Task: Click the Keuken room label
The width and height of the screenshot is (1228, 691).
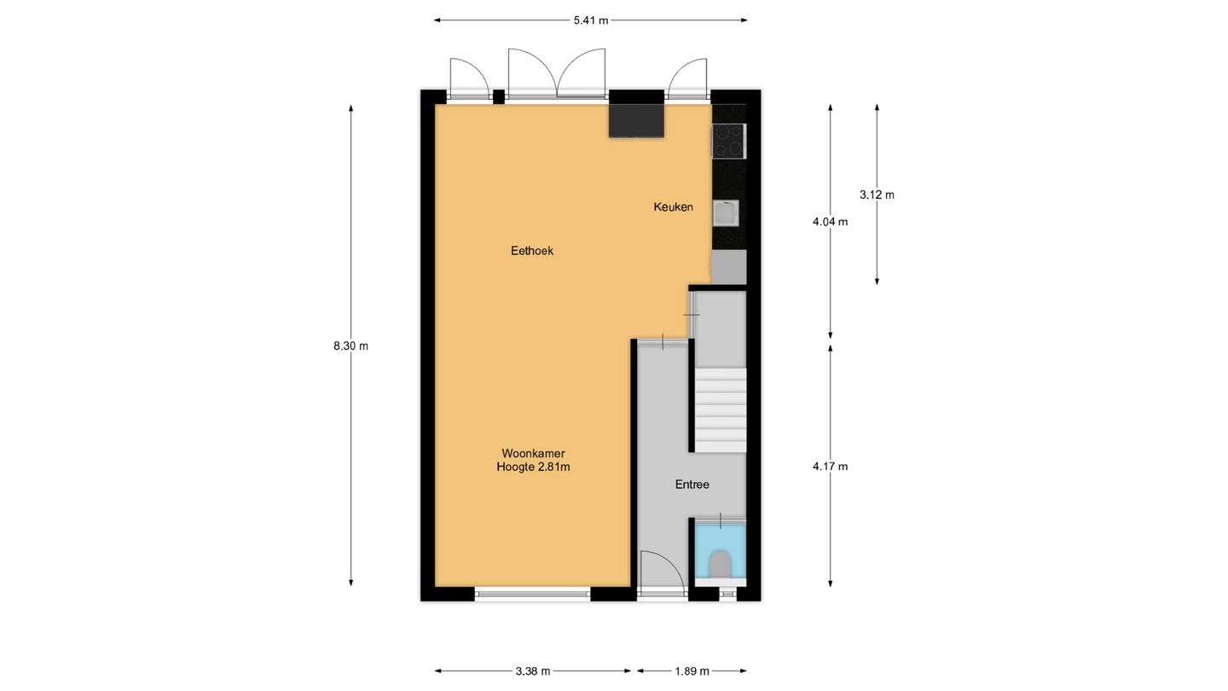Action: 673,206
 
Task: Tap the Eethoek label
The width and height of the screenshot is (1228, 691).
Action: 532,251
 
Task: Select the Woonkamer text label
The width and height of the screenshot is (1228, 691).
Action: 533,453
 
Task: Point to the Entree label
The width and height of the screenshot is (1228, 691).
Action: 692,485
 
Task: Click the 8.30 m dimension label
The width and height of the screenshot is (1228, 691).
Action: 350,345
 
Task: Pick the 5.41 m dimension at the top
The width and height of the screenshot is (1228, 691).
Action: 590,20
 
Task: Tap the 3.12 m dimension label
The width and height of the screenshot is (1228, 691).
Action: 877,195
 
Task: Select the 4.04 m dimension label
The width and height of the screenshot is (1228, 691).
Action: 831,222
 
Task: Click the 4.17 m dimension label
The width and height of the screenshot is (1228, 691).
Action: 831,466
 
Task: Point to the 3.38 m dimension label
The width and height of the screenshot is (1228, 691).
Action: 533,671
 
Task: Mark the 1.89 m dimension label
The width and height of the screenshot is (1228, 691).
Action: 692,671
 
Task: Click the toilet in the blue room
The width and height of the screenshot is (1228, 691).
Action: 720,563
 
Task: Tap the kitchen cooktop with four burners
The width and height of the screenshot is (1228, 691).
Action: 728,141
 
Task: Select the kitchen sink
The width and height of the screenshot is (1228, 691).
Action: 725,212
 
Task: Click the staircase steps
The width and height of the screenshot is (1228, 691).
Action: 721,409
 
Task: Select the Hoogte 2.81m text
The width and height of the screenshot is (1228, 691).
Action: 533,467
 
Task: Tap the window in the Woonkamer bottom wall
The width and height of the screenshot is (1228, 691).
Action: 532,594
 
